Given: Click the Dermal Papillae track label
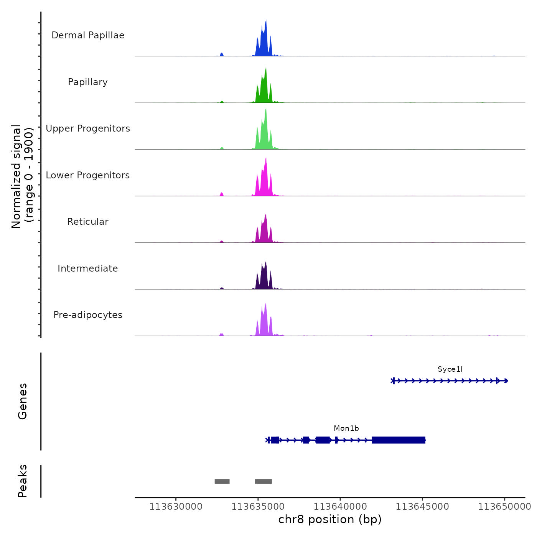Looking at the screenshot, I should [88, 35].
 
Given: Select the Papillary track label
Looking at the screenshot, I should [88, 82].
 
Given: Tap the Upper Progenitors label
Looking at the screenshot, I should [88, 128].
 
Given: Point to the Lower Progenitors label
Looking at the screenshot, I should [88, 175].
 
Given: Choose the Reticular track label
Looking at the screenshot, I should [88, 222].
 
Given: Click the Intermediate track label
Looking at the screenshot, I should [88, 268].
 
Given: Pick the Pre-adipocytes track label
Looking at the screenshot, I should [88, 315].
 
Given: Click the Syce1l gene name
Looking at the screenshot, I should [450, 369].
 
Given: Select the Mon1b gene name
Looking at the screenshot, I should [346, 428].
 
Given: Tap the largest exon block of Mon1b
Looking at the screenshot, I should [399, 440].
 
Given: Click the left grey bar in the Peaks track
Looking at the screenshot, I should [222, 481].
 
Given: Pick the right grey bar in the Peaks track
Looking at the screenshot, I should [264, 481].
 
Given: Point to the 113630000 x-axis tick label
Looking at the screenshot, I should [176, 507].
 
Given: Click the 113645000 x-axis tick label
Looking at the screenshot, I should [422, 507].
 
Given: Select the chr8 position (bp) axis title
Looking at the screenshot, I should [330, 520].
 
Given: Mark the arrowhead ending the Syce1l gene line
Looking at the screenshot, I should [506, 381].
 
